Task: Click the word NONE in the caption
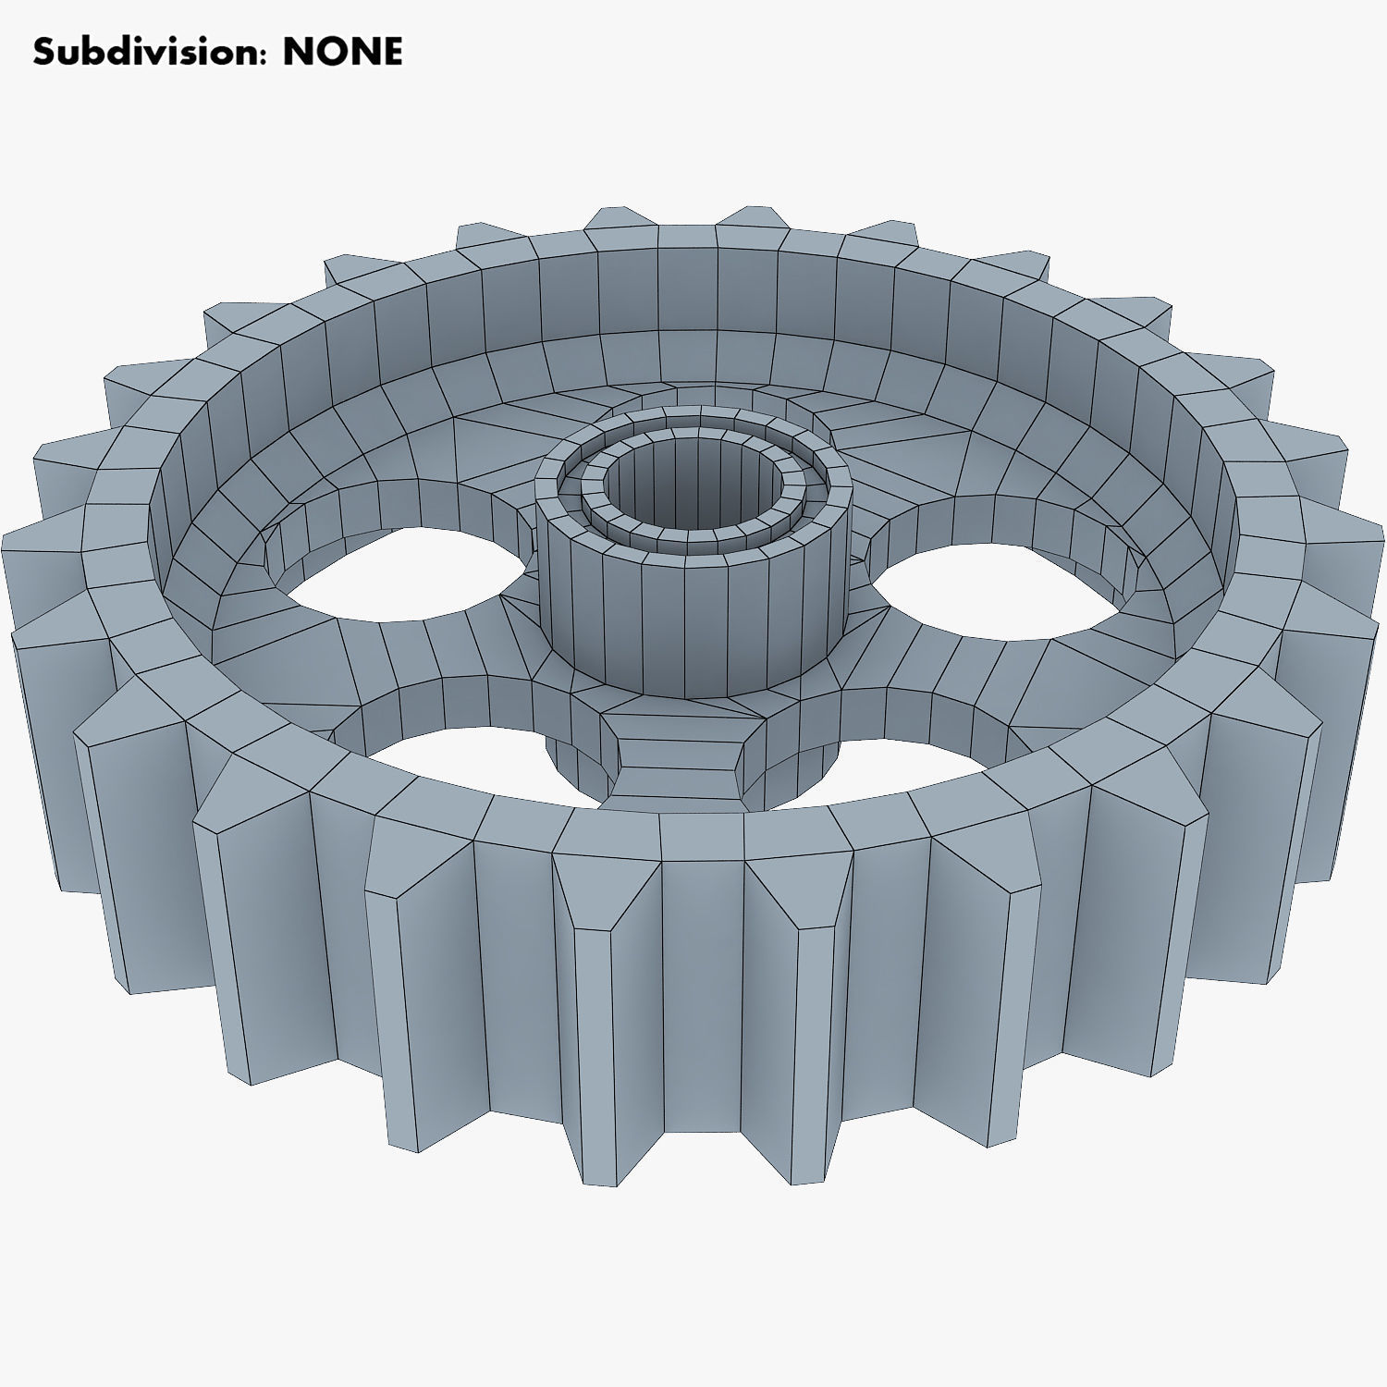[x=342, y=52]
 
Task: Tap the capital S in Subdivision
[x=43, y=52]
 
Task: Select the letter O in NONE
[x=327, y=52]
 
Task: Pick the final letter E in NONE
[x=392, y=52]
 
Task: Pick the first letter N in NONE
[x=299, y=52]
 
